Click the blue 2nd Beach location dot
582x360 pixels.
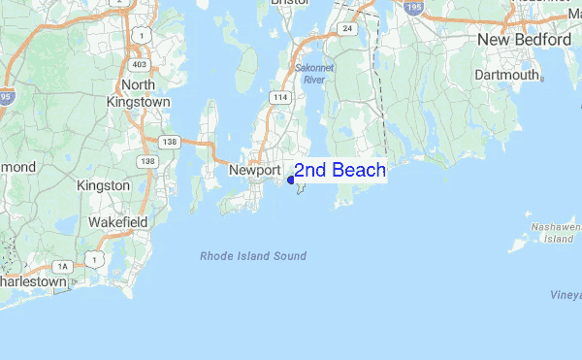tap(292, 180)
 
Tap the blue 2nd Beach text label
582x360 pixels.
tap(340, 171)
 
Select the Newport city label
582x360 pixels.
tap(254, 170)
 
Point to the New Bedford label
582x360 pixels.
tap(524, 40)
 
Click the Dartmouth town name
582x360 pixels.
tap(506, 75)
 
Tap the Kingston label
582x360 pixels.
tap(104, 184)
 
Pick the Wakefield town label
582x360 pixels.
tap(117, 222)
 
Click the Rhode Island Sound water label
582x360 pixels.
tap(252, 256)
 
